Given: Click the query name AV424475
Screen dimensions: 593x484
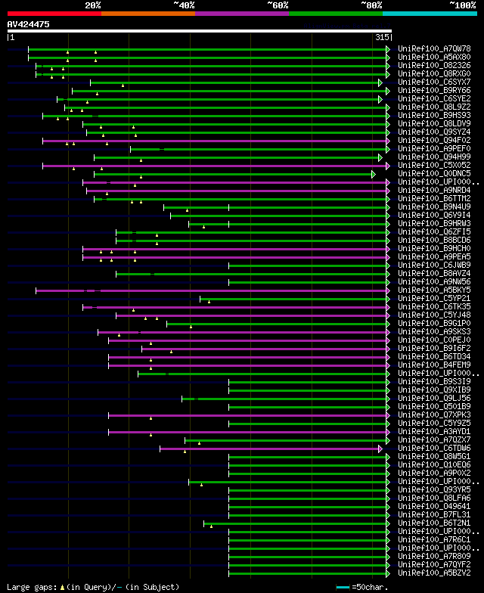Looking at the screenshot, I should click(x=29, y=24).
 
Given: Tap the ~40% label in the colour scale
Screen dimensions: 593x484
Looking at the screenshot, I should click(x=184, y=5).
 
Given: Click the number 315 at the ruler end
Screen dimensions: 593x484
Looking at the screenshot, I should click(x=381, y=37).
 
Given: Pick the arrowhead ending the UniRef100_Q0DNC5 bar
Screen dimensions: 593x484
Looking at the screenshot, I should click(x=374, y=174).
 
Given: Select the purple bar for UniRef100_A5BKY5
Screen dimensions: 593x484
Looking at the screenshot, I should click(x=212, y=290).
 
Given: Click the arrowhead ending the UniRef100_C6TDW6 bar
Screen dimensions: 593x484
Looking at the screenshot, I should click(x=382, y=449).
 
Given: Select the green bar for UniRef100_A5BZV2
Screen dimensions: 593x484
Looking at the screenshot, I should click(x=306, y=573).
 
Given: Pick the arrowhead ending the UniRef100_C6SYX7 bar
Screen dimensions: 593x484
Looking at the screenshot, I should click(x=381, y=82).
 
